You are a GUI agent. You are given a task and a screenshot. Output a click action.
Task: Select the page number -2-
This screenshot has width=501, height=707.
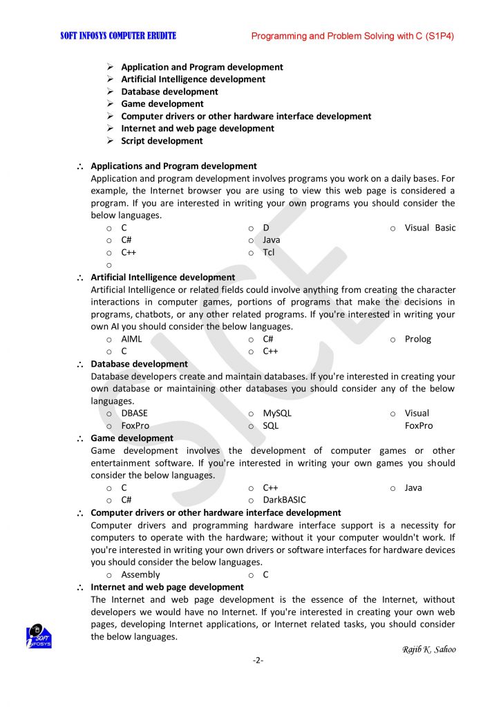pos(258,660)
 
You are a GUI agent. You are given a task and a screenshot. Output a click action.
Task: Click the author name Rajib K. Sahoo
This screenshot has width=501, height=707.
pos(428,649)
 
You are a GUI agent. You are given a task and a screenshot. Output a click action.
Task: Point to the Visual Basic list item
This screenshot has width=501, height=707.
pos(430,228)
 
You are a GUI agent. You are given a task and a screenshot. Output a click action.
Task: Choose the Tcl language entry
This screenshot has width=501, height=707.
pos(269,253)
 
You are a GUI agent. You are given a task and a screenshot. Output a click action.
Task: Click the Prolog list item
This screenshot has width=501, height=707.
pos(417,339)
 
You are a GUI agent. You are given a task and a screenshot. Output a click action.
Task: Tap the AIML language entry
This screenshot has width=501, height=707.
pos(131,339)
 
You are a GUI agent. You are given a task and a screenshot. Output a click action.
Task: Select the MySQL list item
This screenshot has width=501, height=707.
pos(277,414)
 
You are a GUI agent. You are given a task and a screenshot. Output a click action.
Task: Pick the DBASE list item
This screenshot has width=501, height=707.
pos(134,414)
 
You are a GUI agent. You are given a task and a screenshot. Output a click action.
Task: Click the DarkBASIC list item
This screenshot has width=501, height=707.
pos(284,500)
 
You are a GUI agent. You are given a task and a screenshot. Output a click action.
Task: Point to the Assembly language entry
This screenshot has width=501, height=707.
pos(140,574)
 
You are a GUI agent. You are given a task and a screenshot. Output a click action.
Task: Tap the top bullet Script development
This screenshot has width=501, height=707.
pos(162,141)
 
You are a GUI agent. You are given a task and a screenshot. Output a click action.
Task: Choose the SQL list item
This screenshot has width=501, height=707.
pos(270,426)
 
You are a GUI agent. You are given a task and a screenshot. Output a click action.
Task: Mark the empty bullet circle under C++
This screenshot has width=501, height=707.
pos(109,265)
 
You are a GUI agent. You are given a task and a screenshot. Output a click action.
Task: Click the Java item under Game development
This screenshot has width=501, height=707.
pos(413,487)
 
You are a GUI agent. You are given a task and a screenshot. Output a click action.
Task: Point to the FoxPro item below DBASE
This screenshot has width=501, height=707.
pos(135,426)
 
